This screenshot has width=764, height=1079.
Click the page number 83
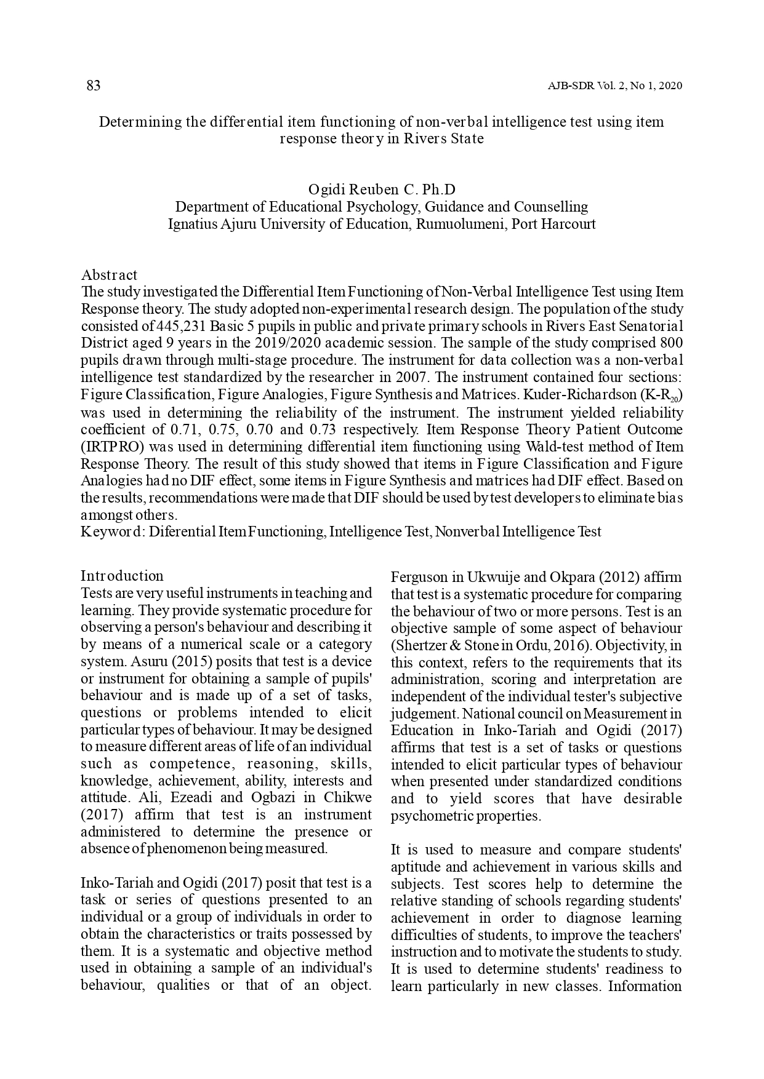(x=94, y=86)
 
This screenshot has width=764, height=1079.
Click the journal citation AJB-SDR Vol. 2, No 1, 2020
(x=614, y=86)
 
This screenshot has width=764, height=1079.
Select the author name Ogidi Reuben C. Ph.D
(x=382, y=189)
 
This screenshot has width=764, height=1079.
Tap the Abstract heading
(x=109, y=275)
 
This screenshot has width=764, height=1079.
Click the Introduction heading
(x=122, y=576)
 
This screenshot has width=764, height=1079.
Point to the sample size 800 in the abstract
(x=671, y=343)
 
